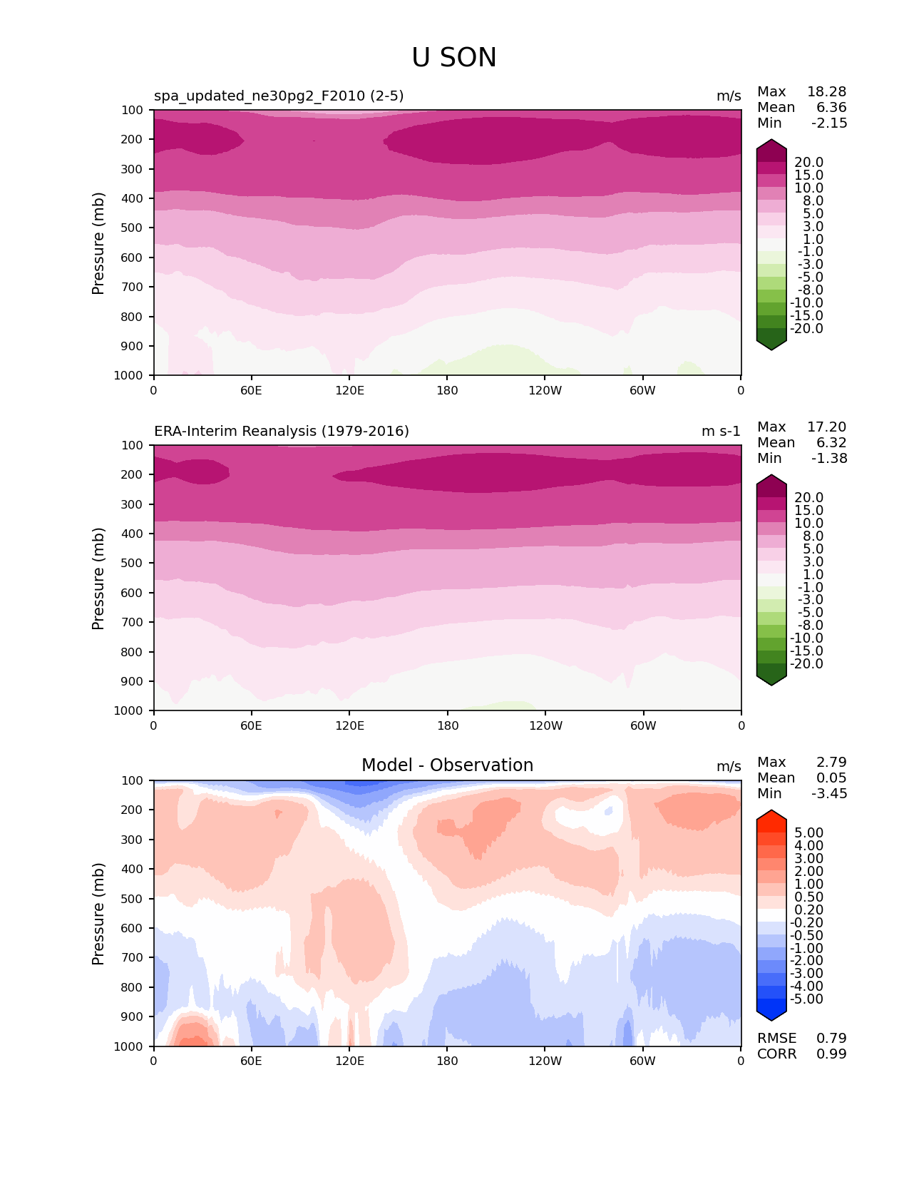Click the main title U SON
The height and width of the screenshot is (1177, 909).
coord(454,58)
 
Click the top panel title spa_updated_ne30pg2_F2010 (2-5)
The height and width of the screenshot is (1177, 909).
coord(279,96)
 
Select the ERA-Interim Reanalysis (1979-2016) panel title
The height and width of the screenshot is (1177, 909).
coord(282,432)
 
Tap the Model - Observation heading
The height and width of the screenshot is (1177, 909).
coord(447,765)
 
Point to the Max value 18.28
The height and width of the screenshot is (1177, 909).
coord(826,92)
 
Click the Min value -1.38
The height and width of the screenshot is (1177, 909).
coord(829,459)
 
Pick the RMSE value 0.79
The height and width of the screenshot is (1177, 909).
coord(831,1039)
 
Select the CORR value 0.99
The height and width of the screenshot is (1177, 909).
coord(831,1054)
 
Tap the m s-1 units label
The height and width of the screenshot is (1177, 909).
coord(721,432)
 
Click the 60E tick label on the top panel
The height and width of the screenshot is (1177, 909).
coord(251,390)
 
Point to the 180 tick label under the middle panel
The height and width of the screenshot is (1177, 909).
coord(447,725)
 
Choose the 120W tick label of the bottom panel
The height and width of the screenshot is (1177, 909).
coord(545,1061)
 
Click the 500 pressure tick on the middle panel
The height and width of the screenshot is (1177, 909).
coord(133,564)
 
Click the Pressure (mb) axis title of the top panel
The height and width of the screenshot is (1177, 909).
coord(98,243)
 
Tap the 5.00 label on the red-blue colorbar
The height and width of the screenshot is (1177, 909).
coord(808,833)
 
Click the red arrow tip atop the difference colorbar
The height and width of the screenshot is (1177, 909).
coord(771,815)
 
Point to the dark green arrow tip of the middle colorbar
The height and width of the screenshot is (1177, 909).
coord(771,681)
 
